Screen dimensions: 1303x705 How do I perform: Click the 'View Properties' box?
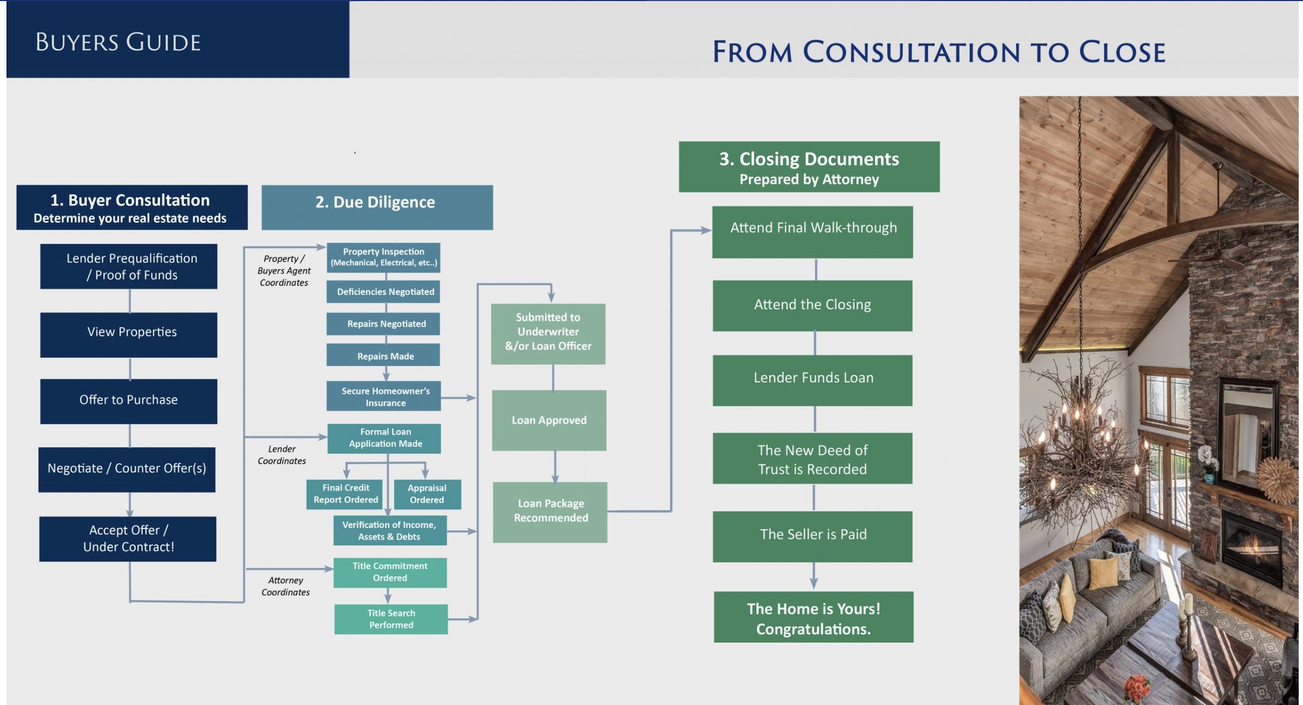click(x=129, y=335)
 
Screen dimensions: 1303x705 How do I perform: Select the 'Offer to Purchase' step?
click(x=129, y=401)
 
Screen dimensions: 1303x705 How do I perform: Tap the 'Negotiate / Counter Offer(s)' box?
click(x=127, y=469)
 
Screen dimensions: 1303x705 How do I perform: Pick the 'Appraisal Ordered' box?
click(x=428, y=494)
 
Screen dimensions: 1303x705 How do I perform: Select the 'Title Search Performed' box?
click(x=391, y=619)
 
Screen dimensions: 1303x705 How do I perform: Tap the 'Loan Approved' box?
click(x=549, y=420)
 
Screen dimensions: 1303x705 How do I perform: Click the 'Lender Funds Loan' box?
click(x=812, y=380)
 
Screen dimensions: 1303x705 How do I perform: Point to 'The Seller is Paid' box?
click(x=812, y=537)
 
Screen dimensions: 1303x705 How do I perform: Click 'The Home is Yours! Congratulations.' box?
click(x=814, y=617)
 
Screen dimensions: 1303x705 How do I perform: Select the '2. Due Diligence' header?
click(x=377, y=208)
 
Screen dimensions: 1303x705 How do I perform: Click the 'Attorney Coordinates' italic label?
click(x=285, y=586)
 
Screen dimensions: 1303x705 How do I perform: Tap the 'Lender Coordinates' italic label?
click(x=282, y=455)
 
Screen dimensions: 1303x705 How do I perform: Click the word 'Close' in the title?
click(x=1122, y=52)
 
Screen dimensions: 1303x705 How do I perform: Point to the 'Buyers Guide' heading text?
click(x=118, y=42)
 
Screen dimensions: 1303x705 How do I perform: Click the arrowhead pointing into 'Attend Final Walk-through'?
click(x=706, y=230)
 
